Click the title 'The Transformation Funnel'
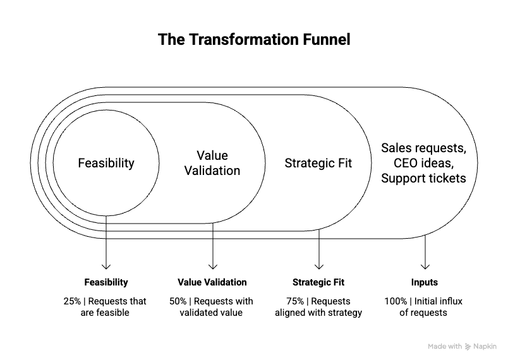[x=253, y=40]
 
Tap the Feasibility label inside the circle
[x=106, y=163]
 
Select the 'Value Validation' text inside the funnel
[x=212, y=163]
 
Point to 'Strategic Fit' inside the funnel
[x=318, y=163]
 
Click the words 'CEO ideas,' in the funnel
[x=423, y=163]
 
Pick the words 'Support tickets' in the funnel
[x=423, y=178]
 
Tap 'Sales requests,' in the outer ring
[x=423, y=148]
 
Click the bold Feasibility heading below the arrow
[x=106, y=282]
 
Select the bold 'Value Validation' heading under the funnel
[x=212, y=282]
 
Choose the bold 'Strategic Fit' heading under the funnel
[x=318, y=282]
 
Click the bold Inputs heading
[x=425, y=282]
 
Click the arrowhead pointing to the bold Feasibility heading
[x=106, y=267]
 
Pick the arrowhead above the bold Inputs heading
[x=425, y=267]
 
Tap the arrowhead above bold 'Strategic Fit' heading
[x=318, y=267]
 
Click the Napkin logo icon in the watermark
[x=468, y=347]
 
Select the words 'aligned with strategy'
[x=318, y=313]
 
